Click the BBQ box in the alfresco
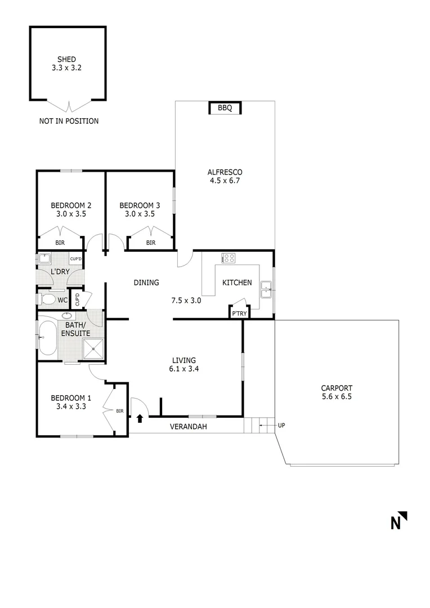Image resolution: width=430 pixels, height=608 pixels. [x=225, y=108]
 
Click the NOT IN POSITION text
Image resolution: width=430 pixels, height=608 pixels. [x=69, y=121]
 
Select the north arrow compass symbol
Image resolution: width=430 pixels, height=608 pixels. [x=399, y=521]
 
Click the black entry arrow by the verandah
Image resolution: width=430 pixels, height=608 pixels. [x=140, y=418]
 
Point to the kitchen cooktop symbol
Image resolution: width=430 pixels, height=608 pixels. [x=229, y=258]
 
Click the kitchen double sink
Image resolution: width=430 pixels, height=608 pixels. [x=266, y=292]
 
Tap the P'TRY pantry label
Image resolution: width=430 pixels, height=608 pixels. [x=238, y=314]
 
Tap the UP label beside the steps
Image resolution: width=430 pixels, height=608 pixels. [x=281, y=425]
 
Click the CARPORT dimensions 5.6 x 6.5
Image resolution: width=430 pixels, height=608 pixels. [x=337, y=396]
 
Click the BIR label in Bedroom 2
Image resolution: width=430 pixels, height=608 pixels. [x=60, y=243]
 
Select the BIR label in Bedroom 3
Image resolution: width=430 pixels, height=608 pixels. [x=151, y=243]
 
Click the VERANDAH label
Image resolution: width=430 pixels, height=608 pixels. [x=189, y=427]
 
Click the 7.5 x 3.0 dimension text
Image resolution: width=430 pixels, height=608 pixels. [x=186, y=300]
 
